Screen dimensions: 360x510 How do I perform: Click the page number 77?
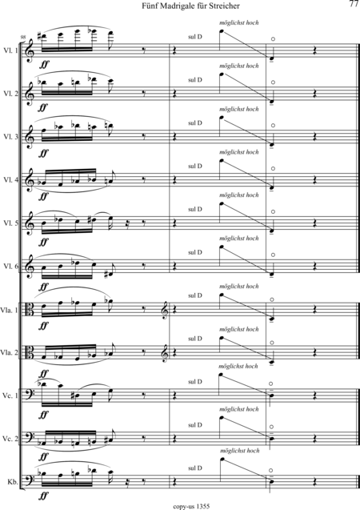pyautogui.click(x=354, y=4)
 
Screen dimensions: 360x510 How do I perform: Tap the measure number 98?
pyautogui.click(x=22, y=38)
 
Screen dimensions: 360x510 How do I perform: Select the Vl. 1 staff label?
pyautogui.click(x=10, y=50)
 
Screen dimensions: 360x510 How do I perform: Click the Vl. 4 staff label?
pyautogui.click(x=10, y=179)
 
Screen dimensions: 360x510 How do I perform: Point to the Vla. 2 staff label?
pyautogui.click(x=10, y=353)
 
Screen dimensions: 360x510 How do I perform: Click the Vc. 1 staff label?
pyautogui.click(x=11, y=396)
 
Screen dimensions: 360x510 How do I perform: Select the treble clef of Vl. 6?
pyautogui.click(x=29, y=266)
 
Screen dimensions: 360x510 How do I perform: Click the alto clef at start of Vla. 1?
pyautogui.click(x=30, y=309)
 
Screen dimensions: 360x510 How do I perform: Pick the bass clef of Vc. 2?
pyautogui.click(x=30, y=438)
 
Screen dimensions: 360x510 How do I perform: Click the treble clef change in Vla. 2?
pyautogui.click(x=166, y=352)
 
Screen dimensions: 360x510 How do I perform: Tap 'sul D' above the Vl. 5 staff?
pyautogui.click(x=195, y=209)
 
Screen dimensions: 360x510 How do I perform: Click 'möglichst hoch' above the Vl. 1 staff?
pyautogui.click(x=239, y=22)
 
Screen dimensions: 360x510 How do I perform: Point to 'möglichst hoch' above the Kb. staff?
pyautogui.click(x=239, y=451)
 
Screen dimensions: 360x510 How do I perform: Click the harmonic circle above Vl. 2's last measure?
pyautogui.click(x=273, y=82)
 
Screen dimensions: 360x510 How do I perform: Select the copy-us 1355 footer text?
pyautogui.click(x=191, y=507)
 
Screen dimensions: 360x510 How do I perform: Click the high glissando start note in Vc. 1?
pyautogui.click(x=222, y=375)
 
